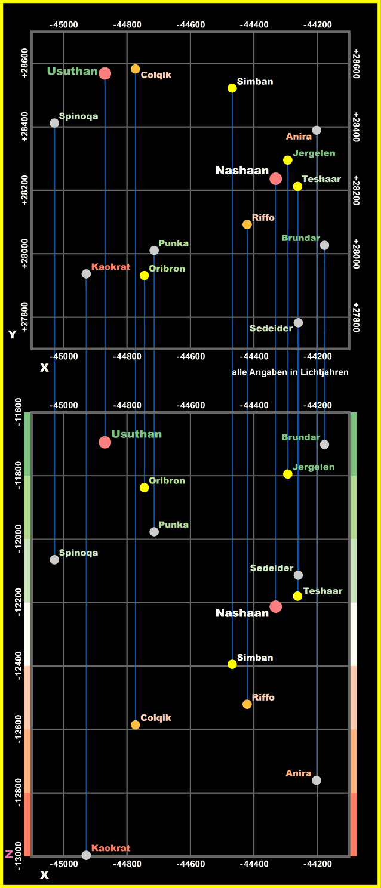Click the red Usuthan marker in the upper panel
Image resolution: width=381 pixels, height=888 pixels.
(105, 73)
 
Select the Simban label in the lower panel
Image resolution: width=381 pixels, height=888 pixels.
(255, 658)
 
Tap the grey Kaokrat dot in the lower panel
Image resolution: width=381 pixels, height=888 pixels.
(86, 855)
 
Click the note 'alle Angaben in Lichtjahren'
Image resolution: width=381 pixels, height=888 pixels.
(290, 372)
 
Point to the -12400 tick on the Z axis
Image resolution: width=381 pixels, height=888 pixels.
(18, 666)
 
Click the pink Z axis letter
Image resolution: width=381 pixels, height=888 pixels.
(9, 855)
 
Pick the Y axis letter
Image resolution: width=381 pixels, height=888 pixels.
(12, 335)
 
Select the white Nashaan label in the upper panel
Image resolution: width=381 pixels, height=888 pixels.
(242, 171)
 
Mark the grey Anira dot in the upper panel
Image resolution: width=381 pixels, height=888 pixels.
(317, 130)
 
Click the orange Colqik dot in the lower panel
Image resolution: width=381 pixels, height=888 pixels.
(136, 724)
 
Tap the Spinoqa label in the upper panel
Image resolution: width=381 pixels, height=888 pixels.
(78, 116)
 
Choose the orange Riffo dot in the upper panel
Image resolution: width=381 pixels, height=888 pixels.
(247, 224)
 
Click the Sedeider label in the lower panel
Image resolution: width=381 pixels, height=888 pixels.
(272, 568)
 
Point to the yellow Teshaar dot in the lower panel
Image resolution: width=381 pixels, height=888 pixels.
(297, 596)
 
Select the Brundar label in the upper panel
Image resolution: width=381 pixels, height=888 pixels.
(301, 238)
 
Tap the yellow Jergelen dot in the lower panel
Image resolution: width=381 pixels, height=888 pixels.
(288, 474)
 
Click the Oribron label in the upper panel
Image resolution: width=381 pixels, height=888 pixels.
(167, 269)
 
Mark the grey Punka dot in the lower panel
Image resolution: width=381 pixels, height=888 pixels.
(154, 532)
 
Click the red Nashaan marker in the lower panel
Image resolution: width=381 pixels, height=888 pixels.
(275, 606)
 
